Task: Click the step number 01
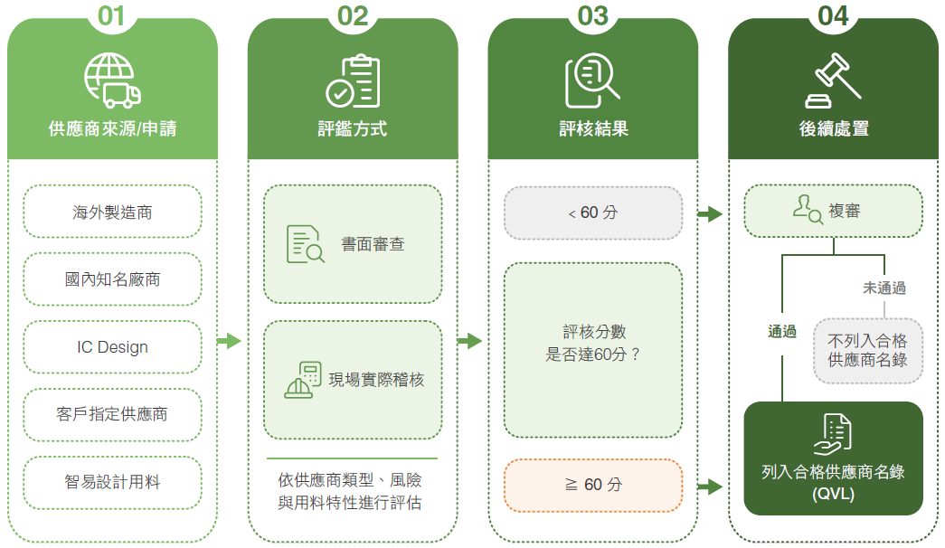(111, 16)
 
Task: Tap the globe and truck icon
(112, 80)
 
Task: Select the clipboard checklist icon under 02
(354, 80)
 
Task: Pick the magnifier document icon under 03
(592, 80)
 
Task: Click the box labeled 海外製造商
(112, 212)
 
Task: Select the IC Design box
(112, 347)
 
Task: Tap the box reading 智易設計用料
(112, 482)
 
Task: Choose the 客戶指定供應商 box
(112, 415)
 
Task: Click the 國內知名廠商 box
(112, 279)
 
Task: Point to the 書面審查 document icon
(305, 244)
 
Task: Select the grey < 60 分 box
(593, 213)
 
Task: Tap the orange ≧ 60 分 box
(593, 486)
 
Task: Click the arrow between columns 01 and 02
(229, 341)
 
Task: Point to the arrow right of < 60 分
(710, 213)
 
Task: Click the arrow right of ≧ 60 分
(710, 486)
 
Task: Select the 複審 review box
(834, 211)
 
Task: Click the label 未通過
(884, 288)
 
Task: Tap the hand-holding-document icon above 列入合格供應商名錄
(833, 434)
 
